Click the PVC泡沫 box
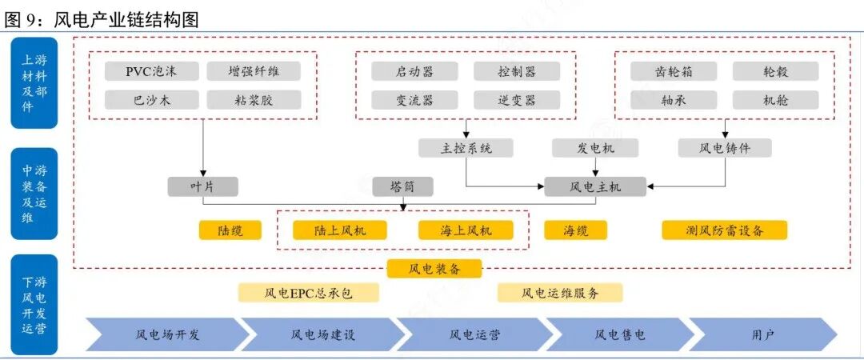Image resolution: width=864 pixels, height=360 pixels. click(x=151, y=71)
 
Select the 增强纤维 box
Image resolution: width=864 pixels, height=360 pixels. click(x=254, y=71)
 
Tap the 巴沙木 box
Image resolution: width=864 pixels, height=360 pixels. click(x=151, y=100)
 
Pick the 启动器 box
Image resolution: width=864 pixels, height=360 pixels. click(x=414, y=71)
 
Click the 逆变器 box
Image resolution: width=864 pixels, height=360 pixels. click(x=516, y=100)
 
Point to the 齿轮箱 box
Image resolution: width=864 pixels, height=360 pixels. click(x=673, y=71)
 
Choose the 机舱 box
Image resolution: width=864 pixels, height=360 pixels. click(x=775, y=100)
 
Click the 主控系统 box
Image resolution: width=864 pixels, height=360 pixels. click(x=466, y=148)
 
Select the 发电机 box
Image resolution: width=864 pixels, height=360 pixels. click(x=595, y=148)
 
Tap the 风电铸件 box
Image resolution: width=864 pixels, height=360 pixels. click(x=725, y=148)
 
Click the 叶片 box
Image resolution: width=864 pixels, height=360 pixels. click(x=202, y=187)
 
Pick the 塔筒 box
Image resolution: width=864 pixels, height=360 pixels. click(x=402, y=187)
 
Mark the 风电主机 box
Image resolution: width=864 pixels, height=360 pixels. click(x=595, y=187)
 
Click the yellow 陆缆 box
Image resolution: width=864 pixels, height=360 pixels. click(x=230, y=230)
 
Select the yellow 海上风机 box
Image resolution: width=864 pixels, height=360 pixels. click(x=466, y=230)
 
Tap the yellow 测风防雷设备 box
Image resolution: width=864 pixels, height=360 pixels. click(x=725, y=230)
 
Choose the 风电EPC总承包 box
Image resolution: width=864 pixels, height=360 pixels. click(x=308, y=293)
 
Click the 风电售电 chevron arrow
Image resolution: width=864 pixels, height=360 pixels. click(x=619, y=334)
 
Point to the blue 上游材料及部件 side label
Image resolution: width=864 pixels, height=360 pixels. click(x=34, y=83)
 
